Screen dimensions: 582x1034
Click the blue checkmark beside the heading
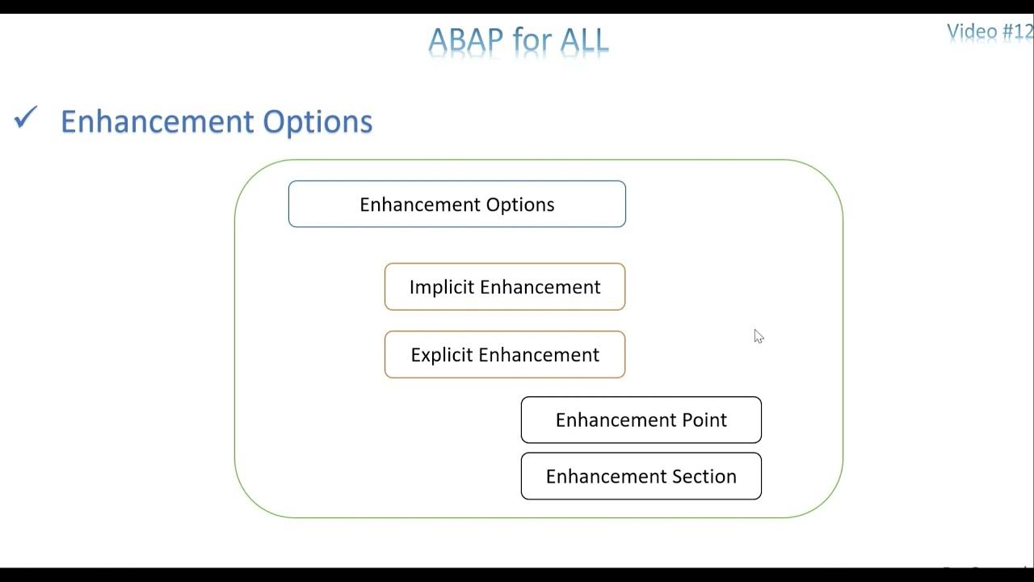pyautogui.click(x=26, y=119)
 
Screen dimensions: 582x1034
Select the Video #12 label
pyautogui.click(x=990, y=32)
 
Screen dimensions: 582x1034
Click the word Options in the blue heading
pyautogui.click(x=318, y=121)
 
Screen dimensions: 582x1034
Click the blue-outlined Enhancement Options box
pyautogui.click(x=456, y=204)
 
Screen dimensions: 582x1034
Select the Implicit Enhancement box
pyautogui.click(x=505, y=287)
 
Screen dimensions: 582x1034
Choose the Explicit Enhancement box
pyautogui.click(x=505, y=355)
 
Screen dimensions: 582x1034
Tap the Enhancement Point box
pyautogui.click(x=641, y=420)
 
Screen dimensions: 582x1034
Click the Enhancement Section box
pyautogui.click(x=641, y=476)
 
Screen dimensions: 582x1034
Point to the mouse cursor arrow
pyautogui.click(x=758, y=335)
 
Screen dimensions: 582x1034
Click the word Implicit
pyautogui.click(x=442, y=288)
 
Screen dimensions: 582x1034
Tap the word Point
pyautogui.click(x=704, y=420)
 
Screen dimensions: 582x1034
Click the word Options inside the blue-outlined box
pyautogui.click(x=521, y=205)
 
